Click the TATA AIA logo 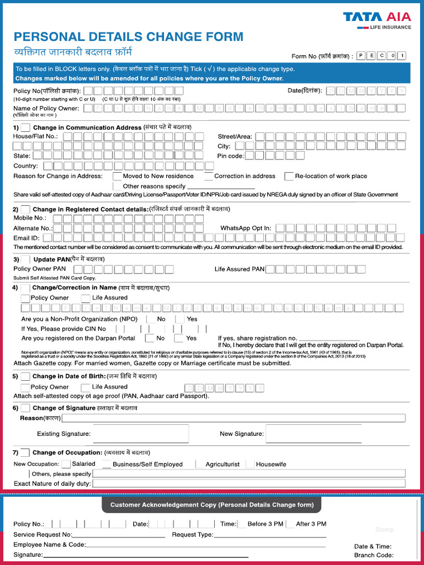[x=377, y=20]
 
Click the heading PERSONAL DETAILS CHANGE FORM [x=128, y=37]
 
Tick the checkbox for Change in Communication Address [x=25, y=127]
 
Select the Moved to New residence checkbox [x=118, y=177]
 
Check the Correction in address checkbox [x=209, y=177]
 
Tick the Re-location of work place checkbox [x=289, y=177]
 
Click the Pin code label [x=230, y=156]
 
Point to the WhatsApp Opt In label [x=246, y=228]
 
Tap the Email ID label [x=26, y=238]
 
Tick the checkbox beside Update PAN [x=25, y=259]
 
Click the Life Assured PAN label [x=240, y=269]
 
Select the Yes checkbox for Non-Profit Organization [x=180, y=319]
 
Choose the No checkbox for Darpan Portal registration [x=149, y=338]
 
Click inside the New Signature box [x=313, y=434]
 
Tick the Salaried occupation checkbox [x=66, y=464]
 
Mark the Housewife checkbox [x=250, y=464]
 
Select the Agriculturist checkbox [x=200, y=464]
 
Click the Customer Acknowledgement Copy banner [x=211, y=505]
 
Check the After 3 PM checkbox [x=290, y=524]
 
